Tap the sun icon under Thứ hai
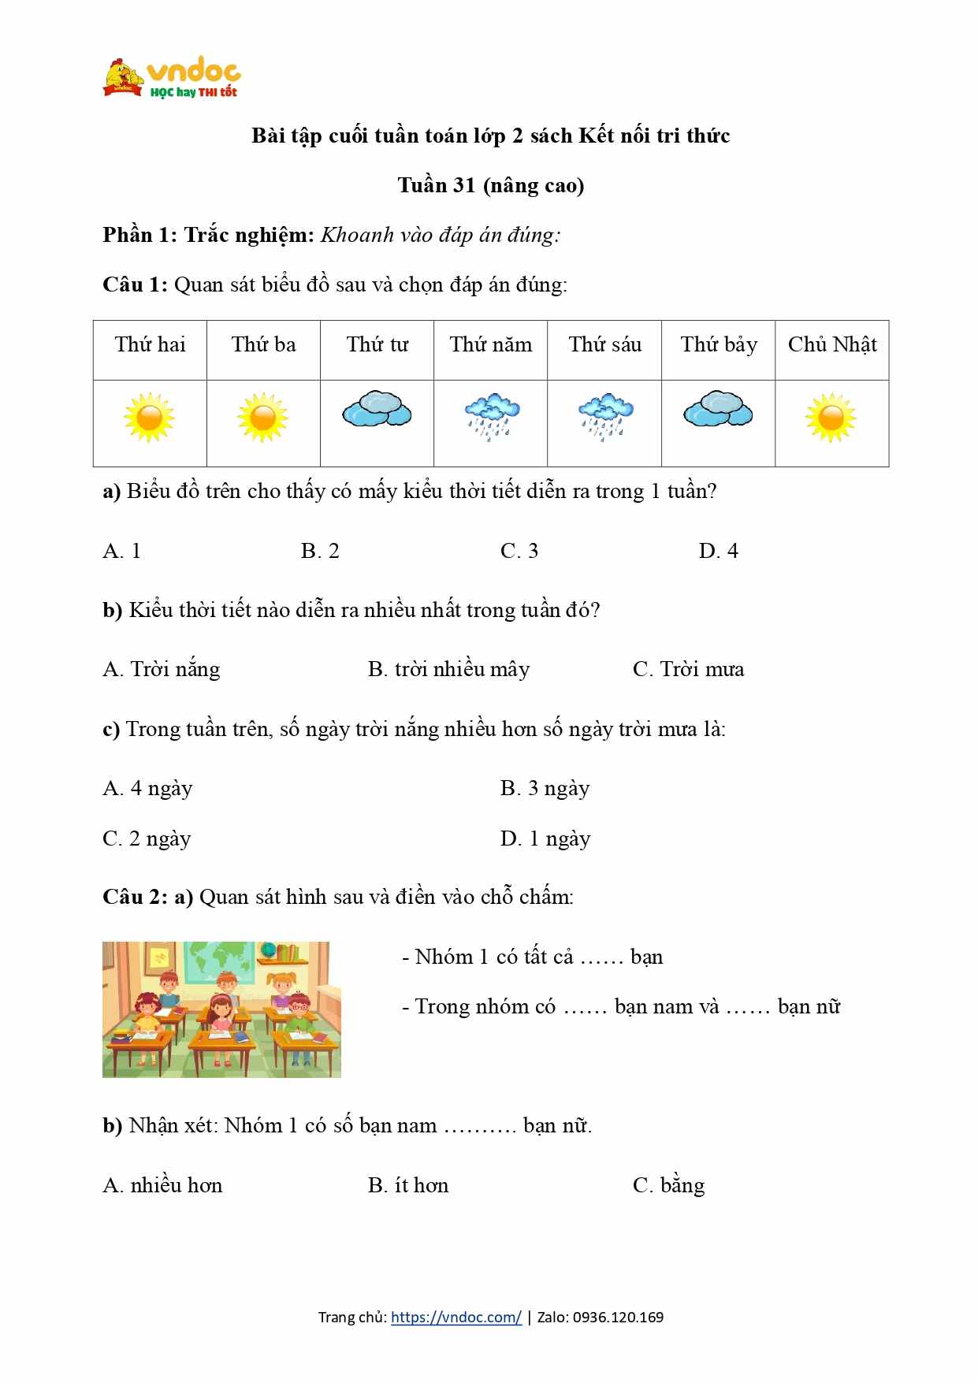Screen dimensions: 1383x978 tap(149, 418)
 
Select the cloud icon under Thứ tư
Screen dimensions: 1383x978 tap(377, 409)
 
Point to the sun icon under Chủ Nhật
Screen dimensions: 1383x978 tap(831, 418)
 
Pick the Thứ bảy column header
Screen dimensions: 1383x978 tap(718, 345)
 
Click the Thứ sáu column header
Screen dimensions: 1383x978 tap(604, 345)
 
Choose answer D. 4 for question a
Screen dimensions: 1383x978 tap(718, 551)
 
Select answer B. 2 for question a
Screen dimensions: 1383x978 tap(320, 551)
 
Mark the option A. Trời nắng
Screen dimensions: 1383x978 tap(162, 670)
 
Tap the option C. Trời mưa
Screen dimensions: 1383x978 tap(688, 670)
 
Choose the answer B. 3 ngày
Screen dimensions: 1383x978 tap(545, 788)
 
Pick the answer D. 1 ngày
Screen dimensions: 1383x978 tap(545, 838)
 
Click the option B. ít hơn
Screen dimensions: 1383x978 tap(407, 1185)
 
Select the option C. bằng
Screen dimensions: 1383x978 tap(668, 1185)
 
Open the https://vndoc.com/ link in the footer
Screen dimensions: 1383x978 tap(456, 1317)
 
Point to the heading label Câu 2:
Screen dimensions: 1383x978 tap(135, 897)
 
